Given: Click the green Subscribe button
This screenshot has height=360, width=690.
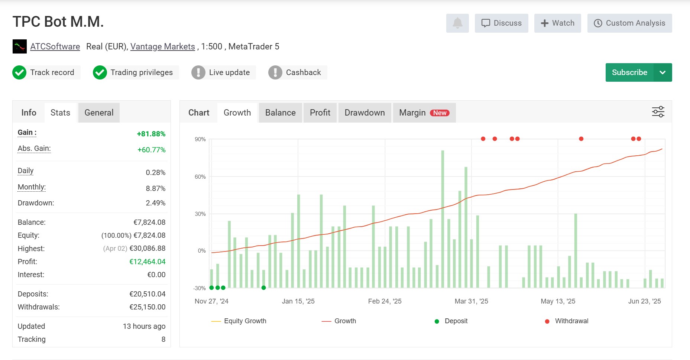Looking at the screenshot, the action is click(x=629, y=72).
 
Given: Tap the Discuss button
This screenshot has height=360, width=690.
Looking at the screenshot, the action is click(x=501, y=23).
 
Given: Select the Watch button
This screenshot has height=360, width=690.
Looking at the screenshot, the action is click(x=557, y=23).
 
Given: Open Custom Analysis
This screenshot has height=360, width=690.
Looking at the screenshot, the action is click(x=629, y=23).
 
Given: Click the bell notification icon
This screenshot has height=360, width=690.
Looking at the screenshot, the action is click(x=457, y=23).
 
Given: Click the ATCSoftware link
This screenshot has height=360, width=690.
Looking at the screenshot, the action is click(x=55, y=46).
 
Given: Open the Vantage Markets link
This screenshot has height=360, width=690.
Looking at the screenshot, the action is click(x=162, y=46).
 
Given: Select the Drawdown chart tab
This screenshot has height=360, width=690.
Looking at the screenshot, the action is click(x=365, y=113).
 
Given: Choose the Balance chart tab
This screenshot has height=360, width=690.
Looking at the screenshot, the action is click(x=281, y=113).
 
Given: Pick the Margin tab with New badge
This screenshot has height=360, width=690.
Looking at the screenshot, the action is click(x=424, y=113).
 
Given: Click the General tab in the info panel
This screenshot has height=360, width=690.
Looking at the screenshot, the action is click(x=99, y=113).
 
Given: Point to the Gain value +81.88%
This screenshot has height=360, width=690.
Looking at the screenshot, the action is click(x=151, y=134).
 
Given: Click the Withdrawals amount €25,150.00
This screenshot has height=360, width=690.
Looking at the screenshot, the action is click(x=148, y=307).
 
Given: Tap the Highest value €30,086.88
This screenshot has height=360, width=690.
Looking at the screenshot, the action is click(x=148, y=248).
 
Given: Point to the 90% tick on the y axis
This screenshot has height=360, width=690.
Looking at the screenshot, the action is click(x=200, y=139).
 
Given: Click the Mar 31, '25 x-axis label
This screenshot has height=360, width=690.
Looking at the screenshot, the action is click(x=471, y=301).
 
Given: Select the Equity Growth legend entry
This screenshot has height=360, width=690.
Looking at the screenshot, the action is click(x=239, y=321).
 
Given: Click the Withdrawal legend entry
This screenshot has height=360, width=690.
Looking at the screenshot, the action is click(x=567, y=321).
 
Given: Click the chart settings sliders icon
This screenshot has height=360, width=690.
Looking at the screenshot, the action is click(x=658, y=112).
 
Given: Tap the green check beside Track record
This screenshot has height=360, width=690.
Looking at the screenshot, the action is click(x=19, y=72).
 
